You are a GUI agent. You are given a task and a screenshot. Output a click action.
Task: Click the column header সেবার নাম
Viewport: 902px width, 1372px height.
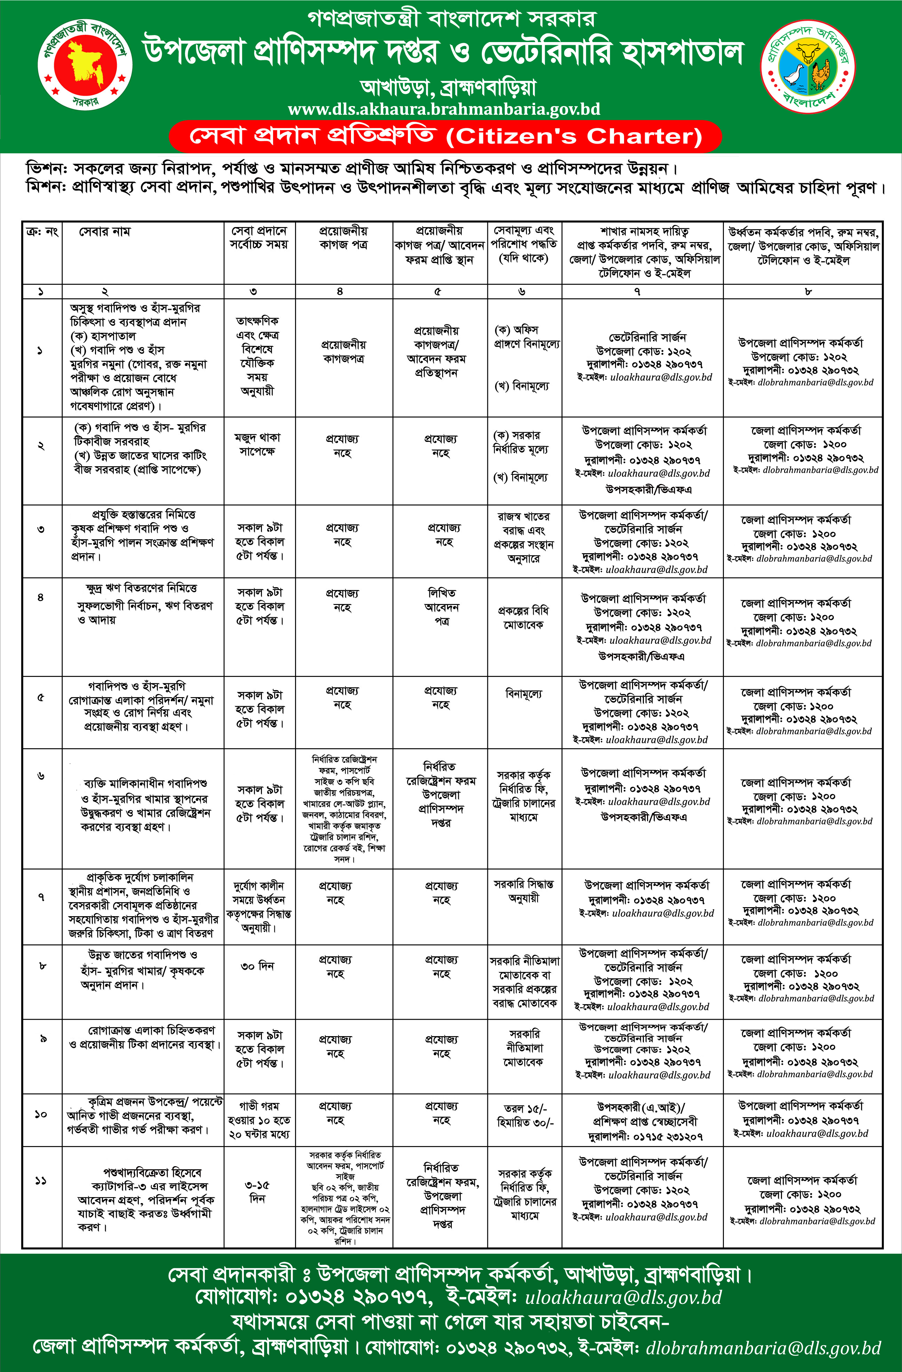pos(104,232)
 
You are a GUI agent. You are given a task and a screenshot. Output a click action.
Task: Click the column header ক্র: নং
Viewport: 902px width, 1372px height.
pos(41,232)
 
